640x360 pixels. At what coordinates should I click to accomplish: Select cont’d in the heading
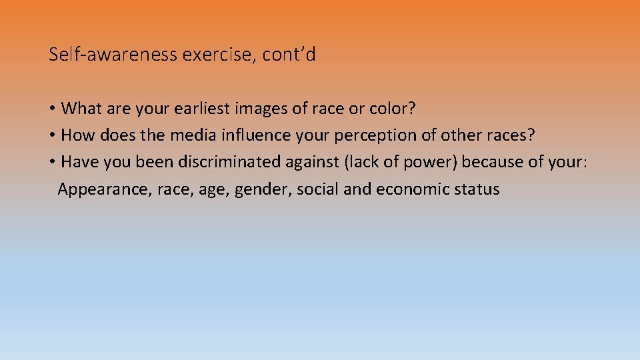click(289, 55)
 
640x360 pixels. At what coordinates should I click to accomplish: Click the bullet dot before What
click(52, 109)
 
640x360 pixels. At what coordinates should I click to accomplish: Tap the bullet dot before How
click(52, 135)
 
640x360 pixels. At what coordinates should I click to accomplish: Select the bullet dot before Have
click(52, 163)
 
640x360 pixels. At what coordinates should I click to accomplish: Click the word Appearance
click(105, 189)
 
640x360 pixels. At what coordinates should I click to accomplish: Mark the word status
click(477, 189)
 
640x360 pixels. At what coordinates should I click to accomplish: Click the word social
click(318, 189)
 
